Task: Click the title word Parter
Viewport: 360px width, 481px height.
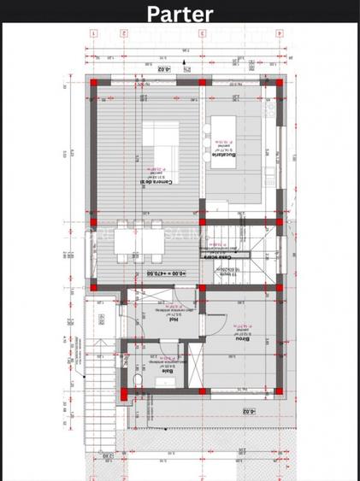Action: pyautogui.click(x=180, y=14)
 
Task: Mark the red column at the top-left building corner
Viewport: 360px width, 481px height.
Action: pyautogui.click(x=93, y=83)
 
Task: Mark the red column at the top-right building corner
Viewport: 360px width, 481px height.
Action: pyautogui.click(x=280, y=83)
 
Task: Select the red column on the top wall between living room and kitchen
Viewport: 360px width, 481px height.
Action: pyautogui.click(x=203, y=83)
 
